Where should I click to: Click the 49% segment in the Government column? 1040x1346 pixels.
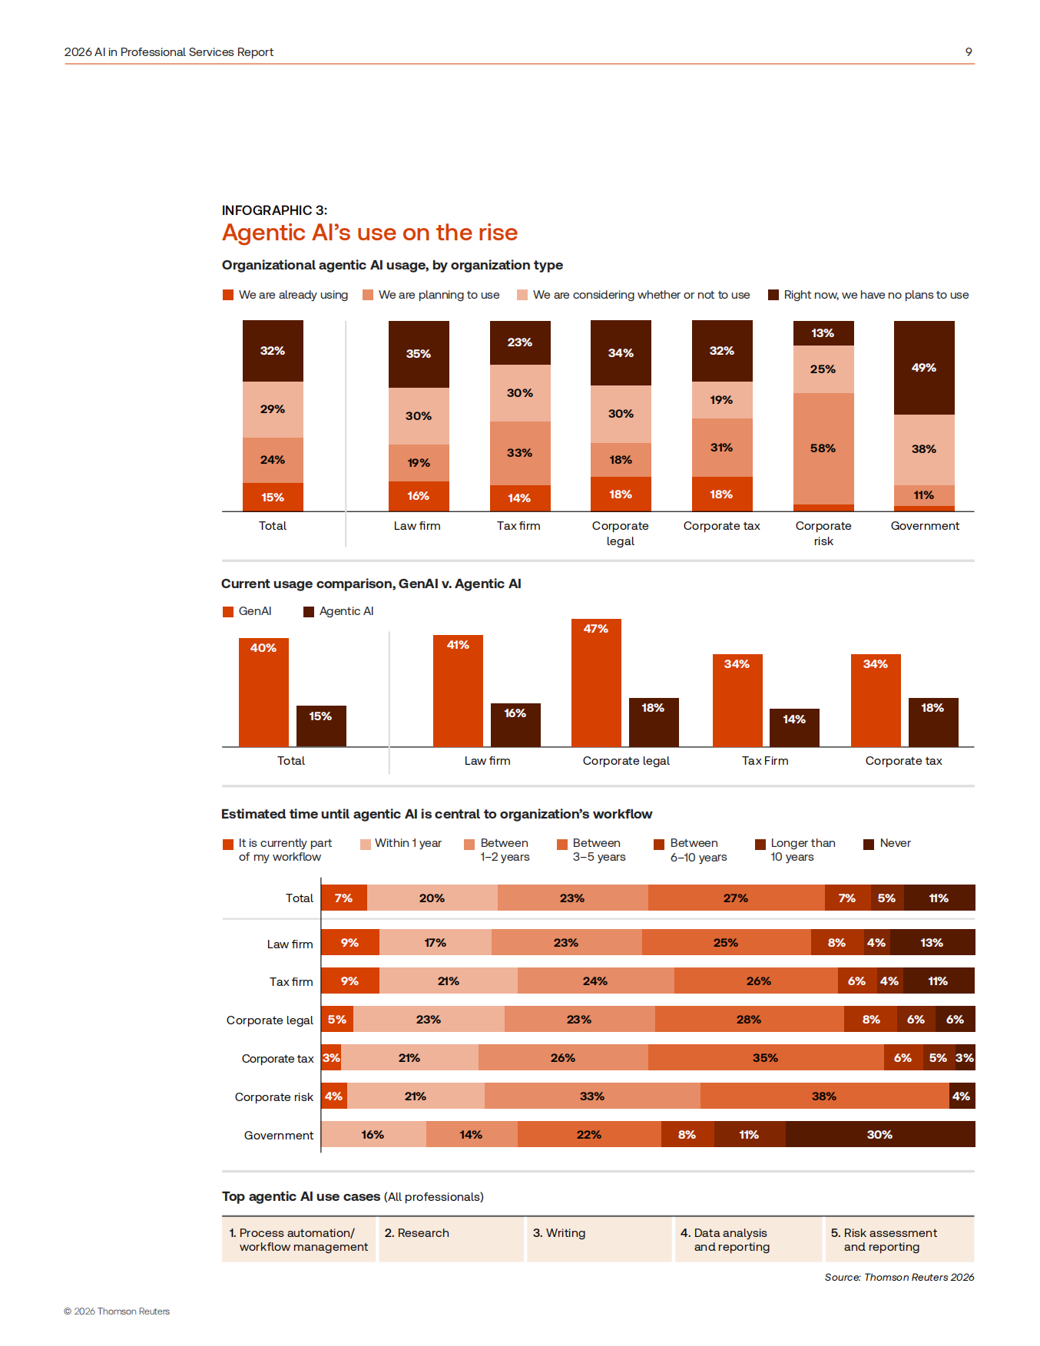[x=924, y=368]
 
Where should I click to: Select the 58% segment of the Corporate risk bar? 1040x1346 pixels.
[x=823, y=448]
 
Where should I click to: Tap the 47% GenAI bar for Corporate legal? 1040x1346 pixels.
[x=596, y=683]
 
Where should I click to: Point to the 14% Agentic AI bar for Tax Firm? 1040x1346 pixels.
[x=794, y=727]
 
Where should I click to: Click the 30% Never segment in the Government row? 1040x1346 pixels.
[x=880, y=1134]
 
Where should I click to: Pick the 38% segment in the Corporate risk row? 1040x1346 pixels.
[x=825, y=1096]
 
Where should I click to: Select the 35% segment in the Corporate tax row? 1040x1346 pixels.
[x=766, y=1057]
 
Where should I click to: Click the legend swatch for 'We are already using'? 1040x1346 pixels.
[x=228, y=295]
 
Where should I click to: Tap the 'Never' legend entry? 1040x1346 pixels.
[x=887, y=843]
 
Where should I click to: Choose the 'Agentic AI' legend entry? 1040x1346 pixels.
[x=339, y=611]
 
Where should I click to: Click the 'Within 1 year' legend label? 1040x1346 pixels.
[x=408, y=843]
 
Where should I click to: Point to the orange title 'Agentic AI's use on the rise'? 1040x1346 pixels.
[x=369, y=233]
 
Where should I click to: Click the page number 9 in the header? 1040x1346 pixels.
[x=969, y=52]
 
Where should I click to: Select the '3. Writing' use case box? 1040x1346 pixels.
[x=599, y=1239]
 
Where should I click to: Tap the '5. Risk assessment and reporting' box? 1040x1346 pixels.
[x=899, y=1239]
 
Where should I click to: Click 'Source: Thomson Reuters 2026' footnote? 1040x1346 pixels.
[x=899, y=1277]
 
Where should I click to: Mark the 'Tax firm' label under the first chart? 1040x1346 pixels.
[x=518, y=526]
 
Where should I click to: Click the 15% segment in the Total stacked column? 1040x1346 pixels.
[x=273, y=497]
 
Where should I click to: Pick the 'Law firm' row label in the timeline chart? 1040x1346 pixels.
[x=290, y=944]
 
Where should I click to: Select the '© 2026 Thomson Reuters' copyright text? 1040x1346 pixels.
[x=117, y=1311]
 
